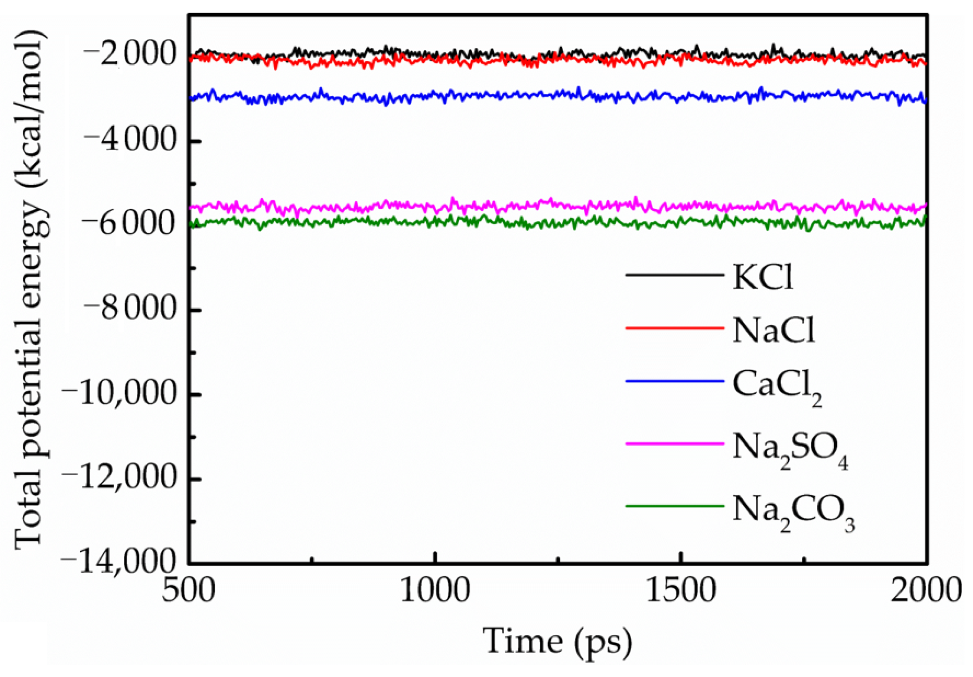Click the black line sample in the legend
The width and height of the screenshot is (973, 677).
point(674,275)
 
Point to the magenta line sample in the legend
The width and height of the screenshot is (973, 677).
point(674,443)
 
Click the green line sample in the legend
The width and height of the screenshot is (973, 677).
point(674,506)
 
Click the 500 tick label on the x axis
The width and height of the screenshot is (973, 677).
point(189,591)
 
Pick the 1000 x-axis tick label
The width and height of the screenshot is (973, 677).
point(435,591)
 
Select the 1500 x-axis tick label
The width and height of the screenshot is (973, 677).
point(681,591)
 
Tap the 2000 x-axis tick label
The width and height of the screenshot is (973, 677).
point(926,591)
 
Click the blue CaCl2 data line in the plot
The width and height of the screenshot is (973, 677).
point(516,95)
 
